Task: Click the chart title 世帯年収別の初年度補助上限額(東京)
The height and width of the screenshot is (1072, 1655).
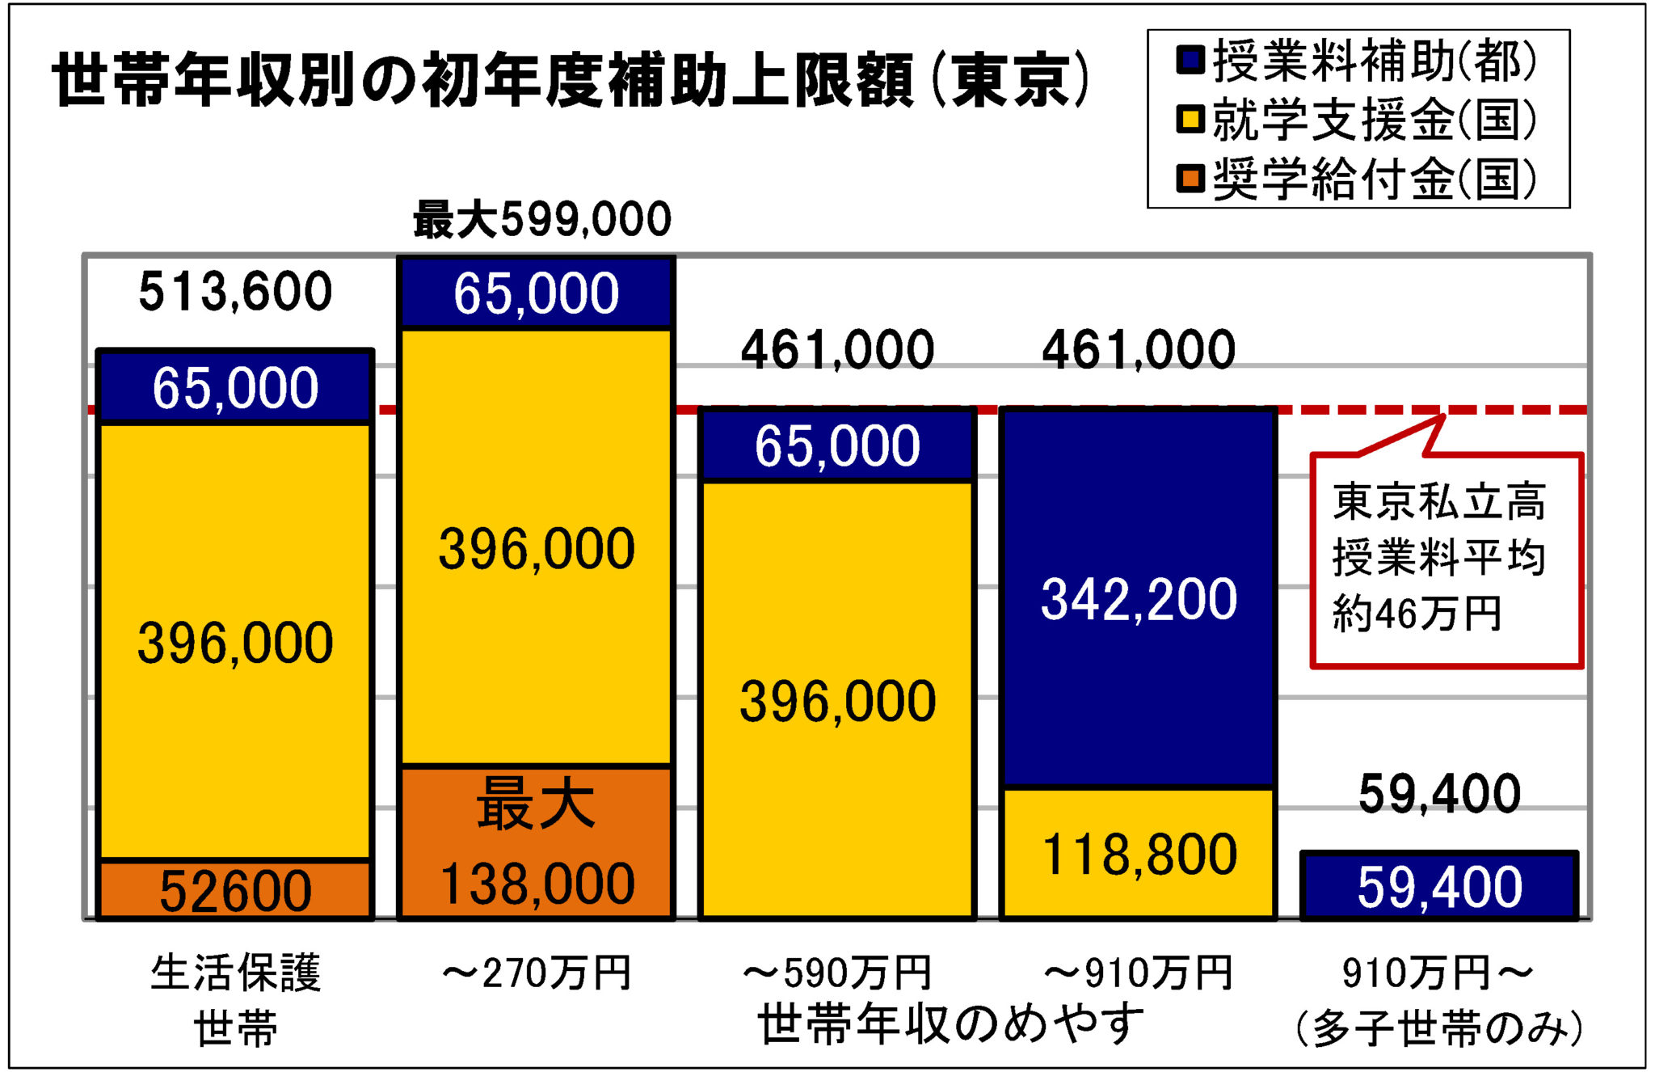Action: coord(571,81)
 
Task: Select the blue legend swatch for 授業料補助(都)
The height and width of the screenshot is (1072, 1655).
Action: coord(1190,60)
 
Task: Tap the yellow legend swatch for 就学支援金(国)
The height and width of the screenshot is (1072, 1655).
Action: coord(1190,120)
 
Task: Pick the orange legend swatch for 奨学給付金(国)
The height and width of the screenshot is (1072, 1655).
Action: coord(1190,179)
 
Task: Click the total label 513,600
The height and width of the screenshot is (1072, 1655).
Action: coord(234,292)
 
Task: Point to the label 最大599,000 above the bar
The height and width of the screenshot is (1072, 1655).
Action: coord(542,220)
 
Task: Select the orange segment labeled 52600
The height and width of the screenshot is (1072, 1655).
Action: coord(234,890)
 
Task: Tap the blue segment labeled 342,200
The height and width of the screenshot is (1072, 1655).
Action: coord(1138,598)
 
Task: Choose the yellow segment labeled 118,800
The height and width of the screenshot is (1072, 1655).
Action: coord(1138,854)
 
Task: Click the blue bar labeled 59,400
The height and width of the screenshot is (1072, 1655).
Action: coord(1438,886)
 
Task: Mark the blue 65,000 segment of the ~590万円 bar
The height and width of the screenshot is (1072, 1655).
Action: coord(837,445)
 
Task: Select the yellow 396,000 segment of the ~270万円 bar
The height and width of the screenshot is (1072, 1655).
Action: coord(536,548)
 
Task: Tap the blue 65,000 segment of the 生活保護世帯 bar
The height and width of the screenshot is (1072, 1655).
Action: coord(234,387)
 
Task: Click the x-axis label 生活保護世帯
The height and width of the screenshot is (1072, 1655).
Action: coord(235,998)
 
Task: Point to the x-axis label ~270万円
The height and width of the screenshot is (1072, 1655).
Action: coord(536,973)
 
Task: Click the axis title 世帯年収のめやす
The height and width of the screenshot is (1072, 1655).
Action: coord(950,1023)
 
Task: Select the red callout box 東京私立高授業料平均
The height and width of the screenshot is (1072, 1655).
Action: coord(1445,559)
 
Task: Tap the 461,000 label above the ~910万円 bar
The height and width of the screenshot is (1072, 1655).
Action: coord(1138,350)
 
